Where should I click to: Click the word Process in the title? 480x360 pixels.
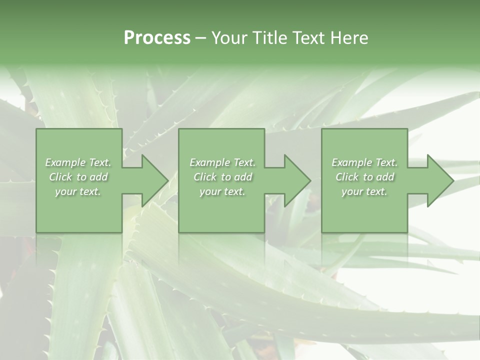157,38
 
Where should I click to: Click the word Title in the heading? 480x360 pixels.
269,38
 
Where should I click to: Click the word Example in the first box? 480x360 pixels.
65,162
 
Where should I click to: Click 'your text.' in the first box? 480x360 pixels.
78,191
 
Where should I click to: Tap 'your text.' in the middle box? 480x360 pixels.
222,191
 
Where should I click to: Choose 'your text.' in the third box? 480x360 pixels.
364,191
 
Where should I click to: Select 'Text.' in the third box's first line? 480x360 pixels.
386,162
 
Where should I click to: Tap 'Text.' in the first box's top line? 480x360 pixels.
100,162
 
